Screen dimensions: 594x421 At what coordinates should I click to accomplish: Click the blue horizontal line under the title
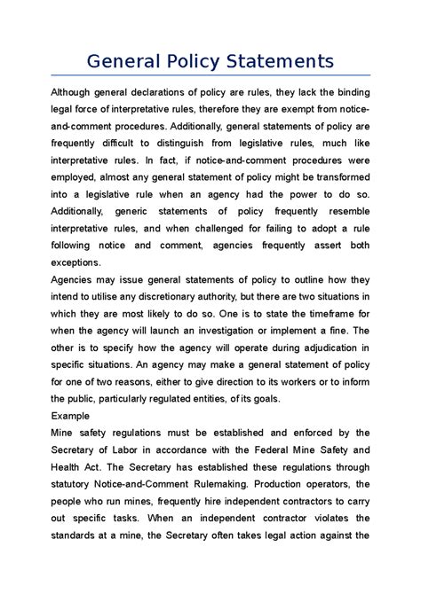pos(210,77)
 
